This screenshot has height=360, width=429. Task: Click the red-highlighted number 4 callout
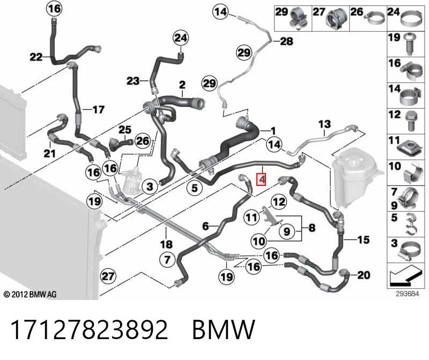261,179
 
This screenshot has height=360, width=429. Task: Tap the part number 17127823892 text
89,329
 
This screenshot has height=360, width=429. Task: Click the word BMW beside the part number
224,329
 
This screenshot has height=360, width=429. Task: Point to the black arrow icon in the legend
404,275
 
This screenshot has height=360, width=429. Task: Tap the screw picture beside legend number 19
410,44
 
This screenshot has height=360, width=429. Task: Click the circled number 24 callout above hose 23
181,37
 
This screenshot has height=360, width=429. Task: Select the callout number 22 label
36,57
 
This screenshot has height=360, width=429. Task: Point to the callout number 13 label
324,124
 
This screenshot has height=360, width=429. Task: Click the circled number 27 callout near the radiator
108,276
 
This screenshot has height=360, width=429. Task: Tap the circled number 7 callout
168,259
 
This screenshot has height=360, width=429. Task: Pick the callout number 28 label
286,41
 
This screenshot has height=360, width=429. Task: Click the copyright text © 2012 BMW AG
30,295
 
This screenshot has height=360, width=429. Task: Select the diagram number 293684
407,294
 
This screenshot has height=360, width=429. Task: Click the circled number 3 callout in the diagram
150,187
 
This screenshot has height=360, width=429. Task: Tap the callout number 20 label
364,275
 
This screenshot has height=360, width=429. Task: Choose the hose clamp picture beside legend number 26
374,18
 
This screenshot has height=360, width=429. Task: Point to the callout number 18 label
166,244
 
